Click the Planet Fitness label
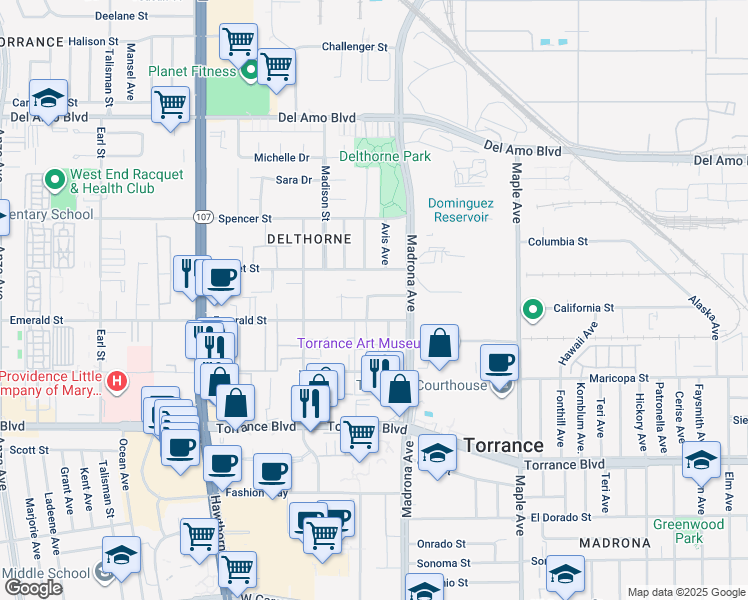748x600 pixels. coord(192,71)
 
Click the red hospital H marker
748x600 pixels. coord(117,381)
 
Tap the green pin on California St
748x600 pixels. coord(533,308)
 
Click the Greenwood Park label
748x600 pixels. coord(688,531)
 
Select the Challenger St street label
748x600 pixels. coord(354,47)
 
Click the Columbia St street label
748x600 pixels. coord(557,242)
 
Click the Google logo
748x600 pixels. coord(33,588)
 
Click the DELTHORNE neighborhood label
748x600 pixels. coord(309,239)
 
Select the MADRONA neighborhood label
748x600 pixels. coord(614,543)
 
